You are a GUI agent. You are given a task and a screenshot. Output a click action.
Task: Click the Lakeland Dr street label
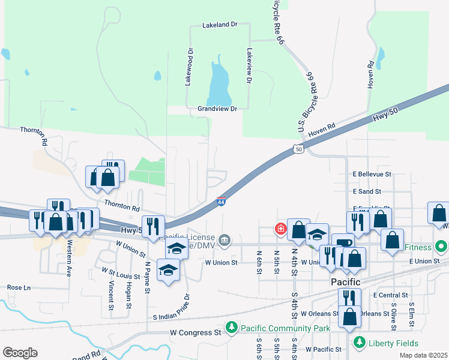220,25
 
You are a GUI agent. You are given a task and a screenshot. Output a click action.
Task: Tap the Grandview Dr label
217,109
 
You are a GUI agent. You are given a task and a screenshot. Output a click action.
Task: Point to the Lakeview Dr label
249,65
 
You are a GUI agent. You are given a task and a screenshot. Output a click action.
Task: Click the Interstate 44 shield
221,202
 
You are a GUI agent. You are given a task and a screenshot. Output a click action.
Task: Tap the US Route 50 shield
299,148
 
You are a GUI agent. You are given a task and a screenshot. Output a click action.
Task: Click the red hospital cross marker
280,229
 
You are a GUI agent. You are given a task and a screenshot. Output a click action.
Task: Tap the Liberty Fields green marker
359,342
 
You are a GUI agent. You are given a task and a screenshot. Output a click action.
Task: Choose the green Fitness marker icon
441,247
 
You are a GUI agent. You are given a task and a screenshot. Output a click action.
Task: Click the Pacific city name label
345,282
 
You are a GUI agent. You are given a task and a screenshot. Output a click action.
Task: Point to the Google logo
20,353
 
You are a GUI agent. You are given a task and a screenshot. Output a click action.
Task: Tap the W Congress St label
196,332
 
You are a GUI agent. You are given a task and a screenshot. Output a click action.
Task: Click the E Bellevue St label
372,174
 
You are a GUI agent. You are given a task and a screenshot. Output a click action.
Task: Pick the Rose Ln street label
19,287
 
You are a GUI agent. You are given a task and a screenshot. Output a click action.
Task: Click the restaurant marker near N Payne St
153,226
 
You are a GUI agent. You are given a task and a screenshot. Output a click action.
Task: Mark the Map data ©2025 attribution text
423,355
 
